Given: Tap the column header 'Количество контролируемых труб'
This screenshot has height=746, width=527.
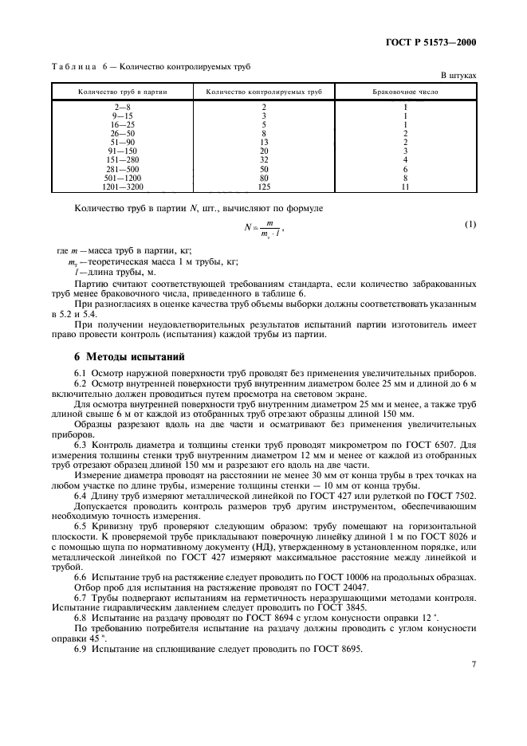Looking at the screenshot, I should coord(263,92).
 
